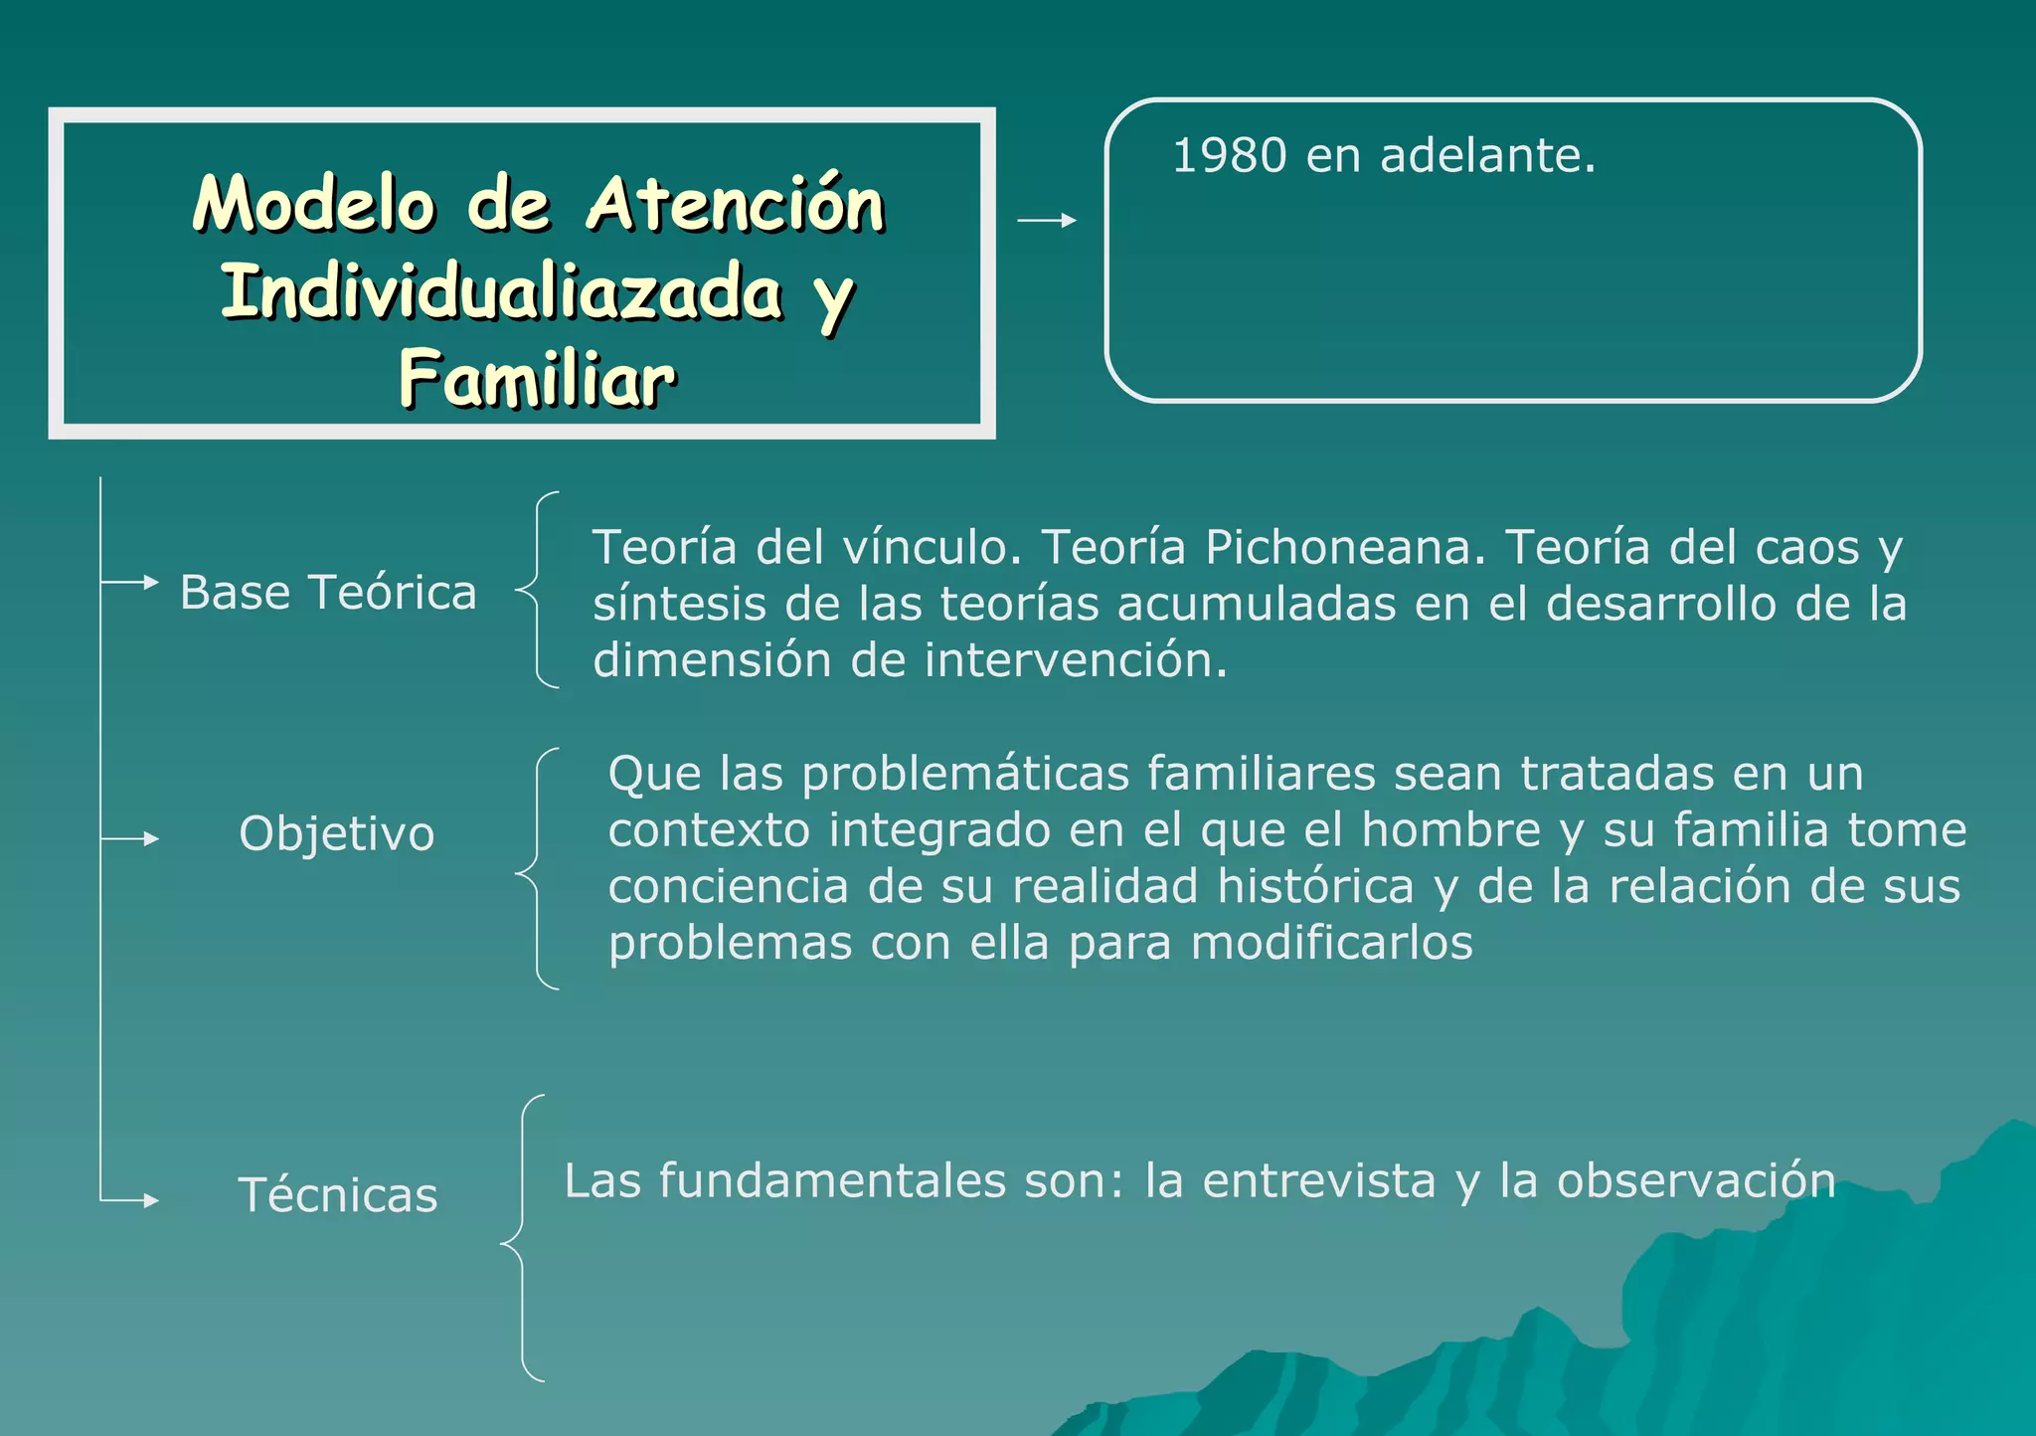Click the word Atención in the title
tap(736, 204)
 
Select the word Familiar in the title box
tap(537, 379)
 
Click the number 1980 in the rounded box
tap(1230, 156)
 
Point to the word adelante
tap(1487, 156)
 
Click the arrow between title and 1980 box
tap(1047, 220)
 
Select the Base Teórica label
tap(328, 593)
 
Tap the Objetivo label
tap(336, 833)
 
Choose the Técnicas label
tap(338, 1194)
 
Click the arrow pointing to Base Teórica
tap(131, 582)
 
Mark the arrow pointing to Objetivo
tap(131, 839)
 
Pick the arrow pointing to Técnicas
tap(131, 1200)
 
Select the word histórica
tap(1315, 886)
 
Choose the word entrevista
tap(1319, 1180)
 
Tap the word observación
tap(1696, 1180)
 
